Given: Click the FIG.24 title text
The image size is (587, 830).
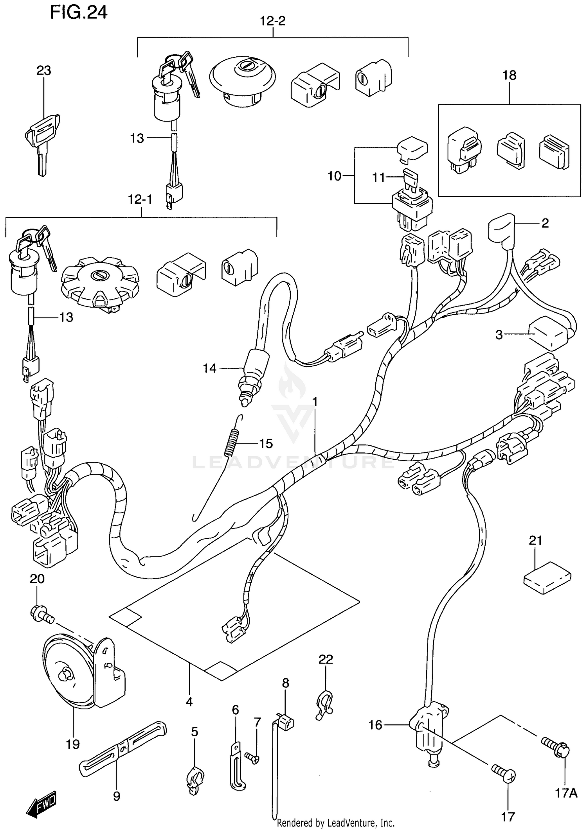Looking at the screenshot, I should [x=78, y=13].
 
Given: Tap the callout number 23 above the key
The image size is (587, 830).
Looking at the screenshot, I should [x=43, y=71].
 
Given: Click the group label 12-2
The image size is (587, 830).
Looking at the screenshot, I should [x=273, y=21].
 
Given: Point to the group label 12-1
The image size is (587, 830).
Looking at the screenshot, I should [x=140, y=200].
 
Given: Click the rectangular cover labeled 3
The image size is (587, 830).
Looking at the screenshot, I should [x=548, y=334].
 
